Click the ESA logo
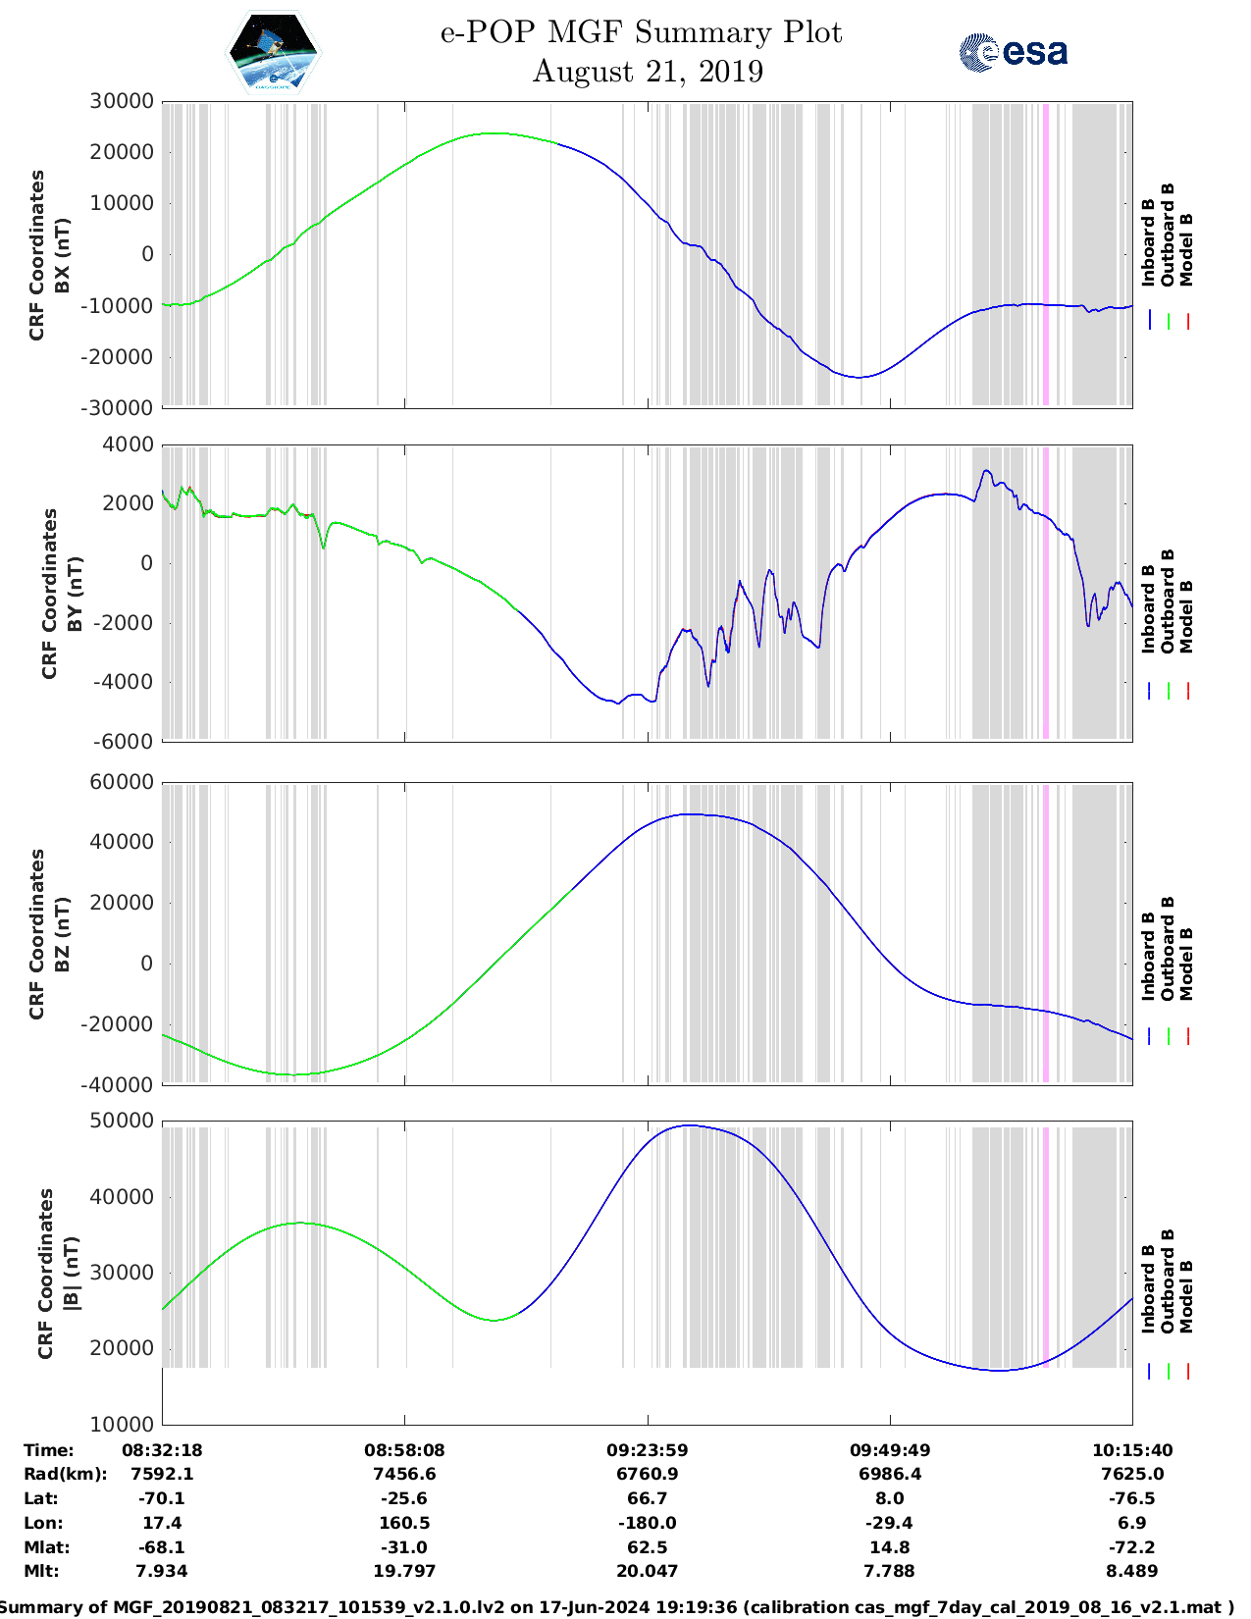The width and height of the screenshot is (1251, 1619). pos(1014,52)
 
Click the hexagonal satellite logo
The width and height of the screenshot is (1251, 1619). pos(273,52)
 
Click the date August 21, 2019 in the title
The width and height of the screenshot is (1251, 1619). pos(648,72)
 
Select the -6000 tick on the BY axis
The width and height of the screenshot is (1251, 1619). pos(124,742)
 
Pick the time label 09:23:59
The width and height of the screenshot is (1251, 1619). pos(647,1450)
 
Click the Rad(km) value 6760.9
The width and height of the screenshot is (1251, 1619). pos(647,1474)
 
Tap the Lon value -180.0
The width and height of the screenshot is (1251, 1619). pos(647,1523)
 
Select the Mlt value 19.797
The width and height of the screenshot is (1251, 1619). pos(404,1571)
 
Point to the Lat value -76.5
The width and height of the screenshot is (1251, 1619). pos(1132,1498)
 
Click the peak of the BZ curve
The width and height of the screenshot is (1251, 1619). pos(689,814)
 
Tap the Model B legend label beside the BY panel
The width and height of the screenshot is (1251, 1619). pos(1186,616)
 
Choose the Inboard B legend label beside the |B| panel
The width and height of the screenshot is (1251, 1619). pos(1148,1288)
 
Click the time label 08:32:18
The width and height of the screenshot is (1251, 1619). pos(162,1450)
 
